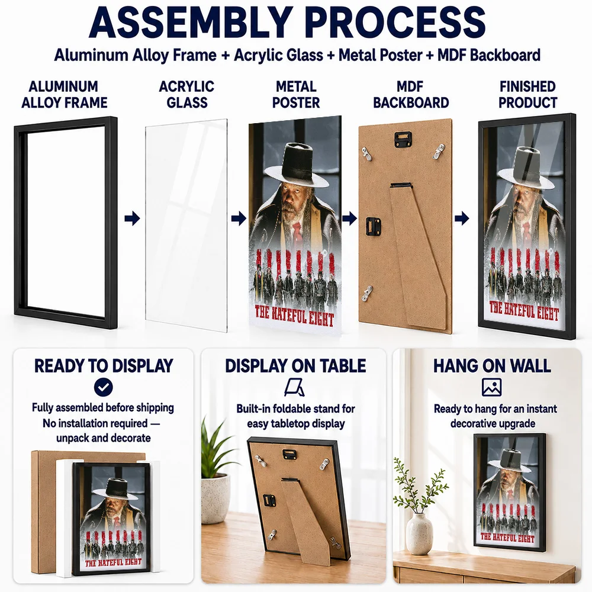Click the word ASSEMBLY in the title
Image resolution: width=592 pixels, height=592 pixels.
(x=191, y=22)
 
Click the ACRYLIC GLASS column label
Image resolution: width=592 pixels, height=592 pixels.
(x=187, y=94)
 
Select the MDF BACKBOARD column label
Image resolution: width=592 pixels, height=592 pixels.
(x=411, y=94)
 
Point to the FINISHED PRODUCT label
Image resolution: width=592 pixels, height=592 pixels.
(x=527, y=94)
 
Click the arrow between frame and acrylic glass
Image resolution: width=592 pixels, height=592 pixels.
(x=132, y=218)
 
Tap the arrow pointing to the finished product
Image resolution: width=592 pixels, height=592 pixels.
(x=462, y=218)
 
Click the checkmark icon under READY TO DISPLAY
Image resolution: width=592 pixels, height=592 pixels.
(x=104, y=387)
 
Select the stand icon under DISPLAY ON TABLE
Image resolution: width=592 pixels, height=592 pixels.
(x=294, y=388)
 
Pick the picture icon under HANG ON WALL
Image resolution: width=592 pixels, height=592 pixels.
(x=491, y=387)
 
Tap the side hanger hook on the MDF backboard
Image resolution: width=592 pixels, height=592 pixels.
(x=373, y=226)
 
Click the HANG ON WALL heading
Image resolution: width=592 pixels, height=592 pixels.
(x=492, y=366)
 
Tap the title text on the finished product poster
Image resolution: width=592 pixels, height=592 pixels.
(x=524, y=311)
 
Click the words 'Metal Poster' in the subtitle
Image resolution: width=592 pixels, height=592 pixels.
(x=380, y=56)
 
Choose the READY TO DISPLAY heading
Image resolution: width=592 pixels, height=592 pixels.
(x=104, y=366)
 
